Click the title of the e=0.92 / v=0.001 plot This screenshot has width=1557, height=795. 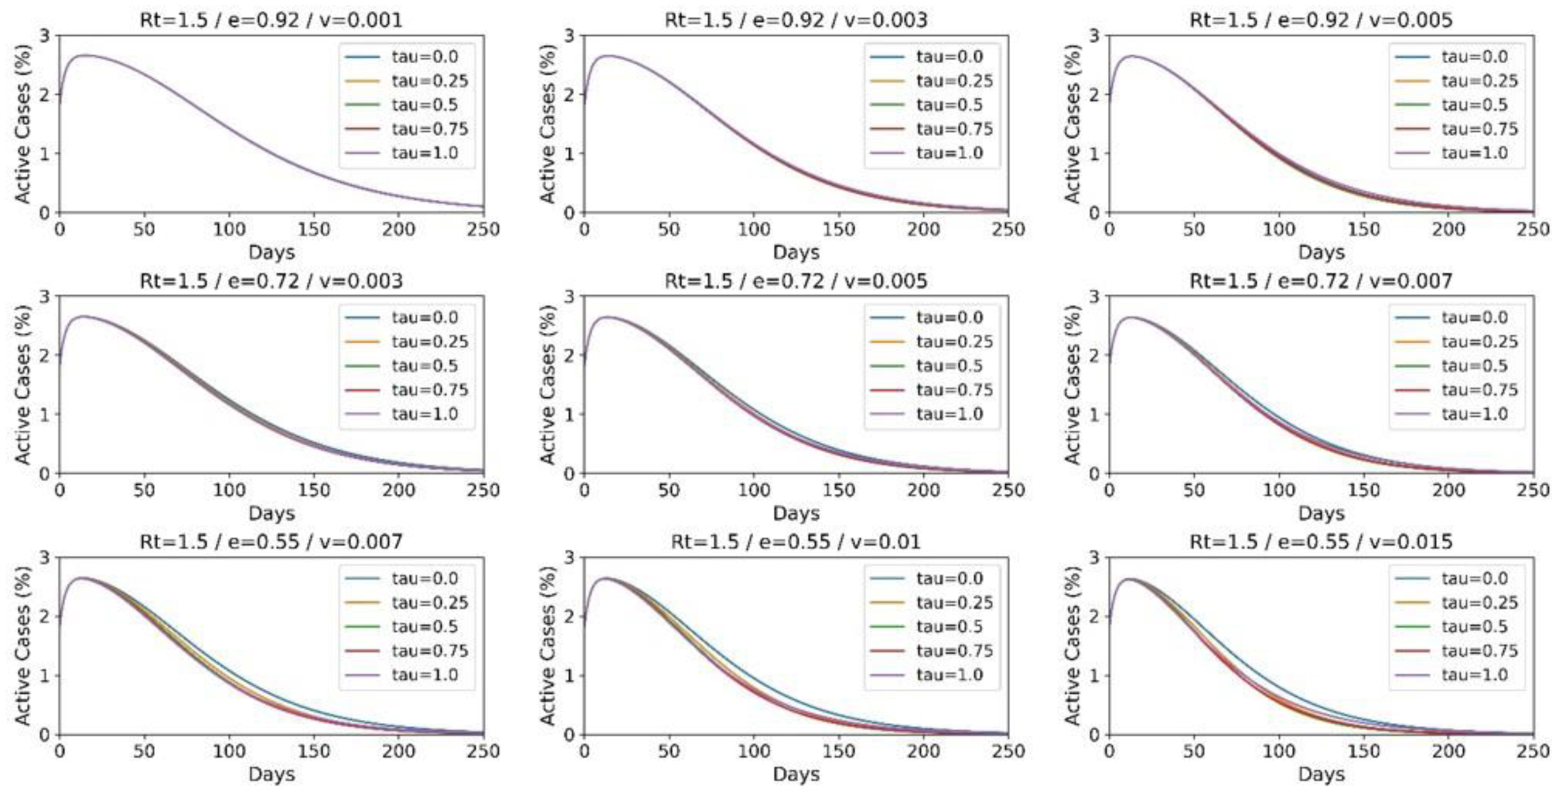pos(271,19)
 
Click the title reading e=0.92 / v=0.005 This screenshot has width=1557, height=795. pos(1321,19)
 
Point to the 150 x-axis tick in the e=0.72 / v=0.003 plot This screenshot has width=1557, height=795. pos(314,490)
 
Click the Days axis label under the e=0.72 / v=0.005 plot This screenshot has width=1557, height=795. pos(796,513)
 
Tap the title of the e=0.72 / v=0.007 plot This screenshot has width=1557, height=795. pos(1321,281)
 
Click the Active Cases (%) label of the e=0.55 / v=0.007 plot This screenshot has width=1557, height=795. pos(23,645)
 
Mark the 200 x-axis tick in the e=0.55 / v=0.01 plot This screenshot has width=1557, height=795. pos(923,751)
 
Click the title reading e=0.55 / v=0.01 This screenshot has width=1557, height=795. pos(796,542)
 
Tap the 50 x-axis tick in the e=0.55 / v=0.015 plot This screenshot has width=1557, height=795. pos(1193,751)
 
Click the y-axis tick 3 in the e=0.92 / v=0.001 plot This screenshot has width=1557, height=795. pos(44,36)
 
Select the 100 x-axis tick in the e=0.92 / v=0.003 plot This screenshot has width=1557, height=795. pos(753,229)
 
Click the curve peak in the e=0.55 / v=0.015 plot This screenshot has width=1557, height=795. pos(1130,579)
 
